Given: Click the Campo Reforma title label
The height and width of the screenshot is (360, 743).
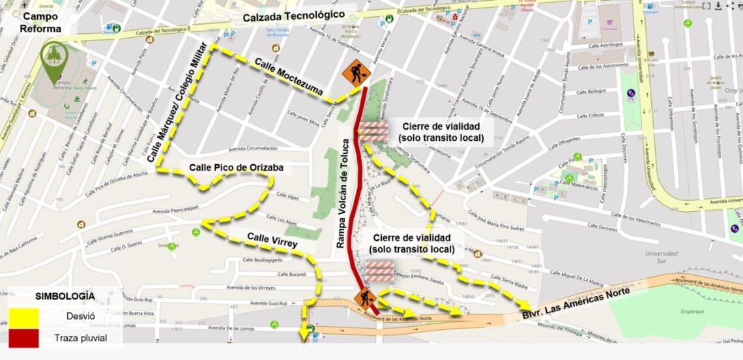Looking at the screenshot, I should (41, 22).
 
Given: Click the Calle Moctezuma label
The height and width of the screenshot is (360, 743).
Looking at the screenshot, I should (288, 78).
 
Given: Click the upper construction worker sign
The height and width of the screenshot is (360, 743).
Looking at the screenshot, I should (356, 73).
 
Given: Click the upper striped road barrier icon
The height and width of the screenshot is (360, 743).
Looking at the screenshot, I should (374, 132).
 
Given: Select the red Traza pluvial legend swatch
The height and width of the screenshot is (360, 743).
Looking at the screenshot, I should (23, 338).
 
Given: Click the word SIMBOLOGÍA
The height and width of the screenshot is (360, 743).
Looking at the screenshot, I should (65, 296).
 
